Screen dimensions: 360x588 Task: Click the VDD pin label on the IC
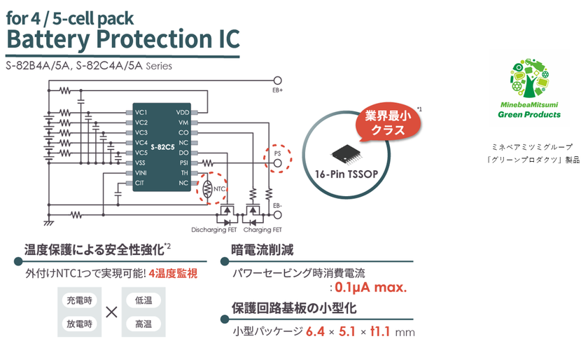(183, 112)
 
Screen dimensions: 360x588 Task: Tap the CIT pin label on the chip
(140, 182)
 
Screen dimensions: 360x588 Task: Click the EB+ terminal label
(277, 90)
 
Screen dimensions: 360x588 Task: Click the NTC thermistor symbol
(207, 188)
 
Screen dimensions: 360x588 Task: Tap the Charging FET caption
(262, 230)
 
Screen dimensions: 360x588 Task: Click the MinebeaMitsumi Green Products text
(529, 109)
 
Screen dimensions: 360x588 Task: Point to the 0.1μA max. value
(371, 287)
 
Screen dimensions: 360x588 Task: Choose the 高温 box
(143, 324)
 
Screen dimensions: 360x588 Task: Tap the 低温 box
(143, 300)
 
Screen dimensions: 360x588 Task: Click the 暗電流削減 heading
(262, 249)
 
